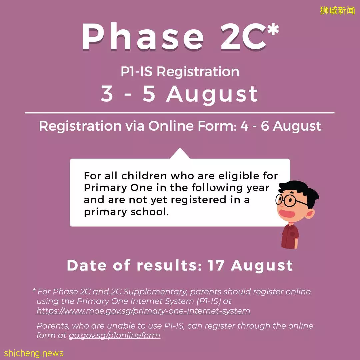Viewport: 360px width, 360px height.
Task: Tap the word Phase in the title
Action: click(143, 37)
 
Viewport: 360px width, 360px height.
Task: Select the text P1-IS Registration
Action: click(180, 71)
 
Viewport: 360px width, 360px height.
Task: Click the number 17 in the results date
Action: click(216, 266)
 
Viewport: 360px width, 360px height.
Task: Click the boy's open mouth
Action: click(287, 214)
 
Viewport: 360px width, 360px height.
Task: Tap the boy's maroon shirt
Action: click(290, 236)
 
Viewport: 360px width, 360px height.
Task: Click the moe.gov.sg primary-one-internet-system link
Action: click(143, 311)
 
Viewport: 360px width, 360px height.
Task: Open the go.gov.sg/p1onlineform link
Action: click(114, 335)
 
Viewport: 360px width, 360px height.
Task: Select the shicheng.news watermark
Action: click(34, 353)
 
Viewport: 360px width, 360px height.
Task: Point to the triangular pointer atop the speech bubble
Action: click(180, 153)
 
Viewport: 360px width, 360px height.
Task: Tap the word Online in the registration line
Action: click(171, 126)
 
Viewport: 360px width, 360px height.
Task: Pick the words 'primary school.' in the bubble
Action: click(126, 212)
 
